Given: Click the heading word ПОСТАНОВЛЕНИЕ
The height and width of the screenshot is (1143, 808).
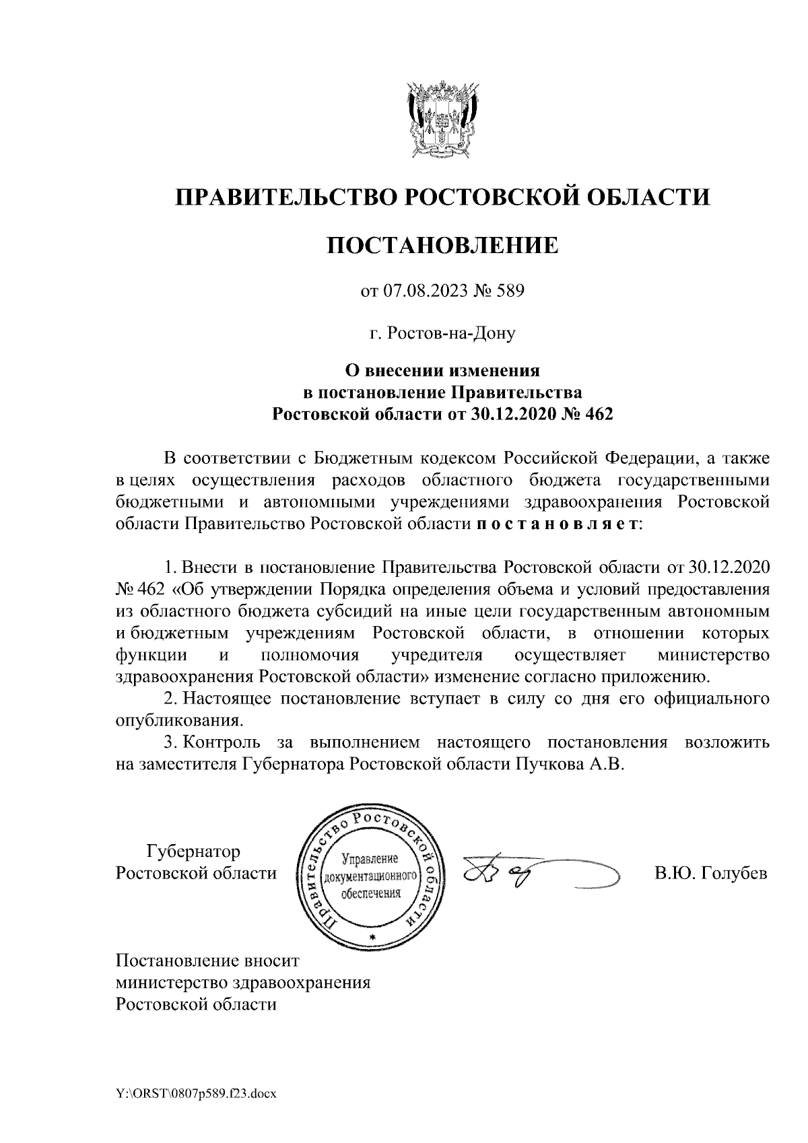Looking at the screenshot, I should tap(442, 245).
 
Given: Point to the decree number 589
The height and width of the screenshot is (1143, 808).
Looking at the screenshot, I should tap(510, 291).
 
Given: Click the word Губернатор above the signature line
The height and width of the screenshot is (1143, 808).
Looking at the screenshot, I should tap(193, 852).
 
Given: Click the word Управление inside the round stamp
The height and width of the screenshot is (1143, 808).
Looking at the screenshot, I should tap(371, 859).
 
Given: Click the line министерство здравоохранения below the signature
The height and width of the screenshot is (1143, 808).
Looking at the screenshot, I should tap(243, 982).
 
